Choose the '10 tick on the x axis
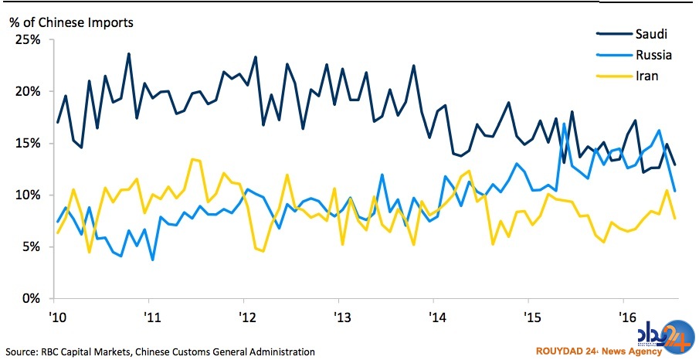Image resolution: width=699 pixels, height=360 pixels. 56,318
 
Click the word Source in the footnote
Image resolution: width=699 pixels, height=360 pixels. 21,352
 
